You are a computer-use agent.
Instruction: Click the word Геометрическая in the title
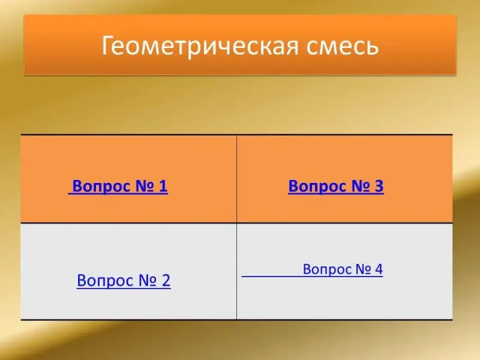coord(200,46)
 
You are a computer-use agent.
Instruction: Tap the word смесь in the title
coord(343,46)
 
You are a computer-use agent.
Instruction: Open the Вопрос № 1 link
coord(120,186)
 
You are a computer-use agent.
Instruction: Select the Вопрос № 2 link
coord(124,280)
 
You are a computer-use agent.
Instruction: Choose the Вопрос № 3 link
coord(336,186)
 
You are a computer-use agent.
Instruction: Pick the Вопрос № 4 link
coord(343,269)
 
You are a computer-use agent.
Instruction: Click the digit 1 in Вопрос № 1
coord(163,186)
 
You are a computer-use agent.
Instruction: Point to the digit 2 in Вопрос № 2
coord(166,280)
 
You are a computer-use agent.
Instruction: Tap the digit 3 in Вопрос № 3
coord(379,186)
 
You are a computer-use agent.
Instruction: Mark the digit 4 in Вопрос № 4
coord(379,269)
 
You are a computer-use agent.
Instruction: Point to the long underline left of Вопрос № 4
coord(272,276)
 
